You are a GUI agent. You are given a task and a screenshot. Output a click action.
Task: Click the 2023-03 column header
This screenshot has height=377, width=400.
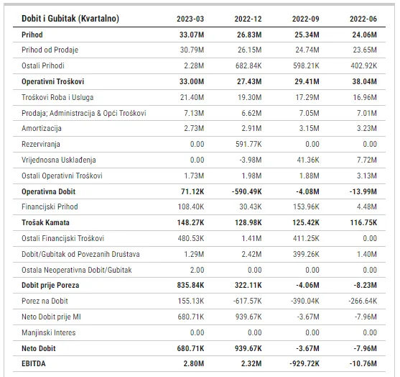[190, 19]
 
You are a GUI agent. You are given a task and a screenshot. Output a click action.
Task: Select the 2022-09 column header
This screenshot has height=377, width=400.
[306, 19]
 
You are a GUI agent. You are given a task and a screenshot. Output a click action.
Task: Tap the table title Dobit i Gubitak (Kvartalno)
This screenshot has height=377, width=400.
[70, 19]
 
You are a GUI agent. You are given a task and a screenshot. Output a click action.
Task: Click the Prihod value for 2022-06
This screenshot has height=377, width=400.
[365, 35]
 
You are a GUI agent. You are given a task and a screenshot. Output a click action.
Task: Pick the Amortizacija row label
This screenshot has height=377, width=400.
[42, 128]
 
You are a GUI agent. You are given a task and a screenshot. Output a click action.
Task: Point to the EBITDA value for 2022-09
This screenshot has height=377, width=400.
[304, 363]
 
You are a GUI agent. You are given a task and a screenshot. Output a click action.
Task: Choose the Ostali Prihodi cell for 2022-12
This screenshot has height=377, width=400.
[248, 66]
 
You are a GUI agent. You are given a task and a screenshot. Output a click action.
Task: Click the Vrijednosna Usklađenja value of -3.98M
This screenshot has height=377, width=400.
[251, 160]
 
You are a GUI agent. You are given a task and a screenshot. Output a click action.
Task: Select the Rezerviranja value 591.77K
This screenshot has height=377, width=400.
[248, 144]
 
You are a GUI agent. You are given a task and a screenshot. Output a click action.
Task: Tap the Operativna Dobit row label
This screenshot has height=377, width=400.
[48, 191]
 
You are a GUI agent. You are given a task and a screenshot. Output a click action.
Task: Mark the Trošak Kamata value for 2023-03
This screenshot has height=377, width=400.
[191, 222]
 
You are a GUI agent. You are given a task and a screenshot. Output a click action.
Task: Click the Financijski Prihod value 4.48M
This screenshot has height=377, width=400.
[367, 206]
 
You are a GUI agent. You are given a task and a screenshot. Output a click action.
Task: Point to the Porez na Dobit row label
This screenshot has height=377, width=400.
[45, 301]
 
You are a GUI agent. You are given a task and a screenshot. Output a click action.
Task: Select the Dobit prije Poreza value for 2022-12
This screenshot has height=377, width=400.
[248, 285]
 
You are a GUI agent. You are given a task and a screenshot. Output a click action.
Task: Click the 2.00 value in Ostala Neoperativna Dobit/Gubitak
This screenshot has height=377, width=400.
[197, 271]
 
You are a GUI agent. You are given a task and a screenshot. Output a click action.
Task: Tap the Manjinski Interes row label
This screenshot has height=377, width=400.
[49, 333]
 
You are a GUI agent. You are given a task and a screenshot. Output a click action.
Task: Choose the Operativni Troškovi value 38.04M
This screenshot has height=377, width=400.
[365, 82]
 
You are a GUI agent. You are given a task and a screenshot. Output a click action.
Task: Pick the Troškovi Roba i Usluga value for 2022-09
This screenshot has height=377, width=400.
[307, 97]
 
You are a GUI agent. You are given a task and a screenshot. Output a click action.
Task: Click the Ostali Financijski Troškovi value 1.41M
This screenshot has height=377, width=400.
[252, 238]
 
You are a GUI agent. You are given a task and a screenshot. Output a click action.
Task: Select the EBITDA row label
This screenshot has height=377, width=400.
[34, 363]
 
